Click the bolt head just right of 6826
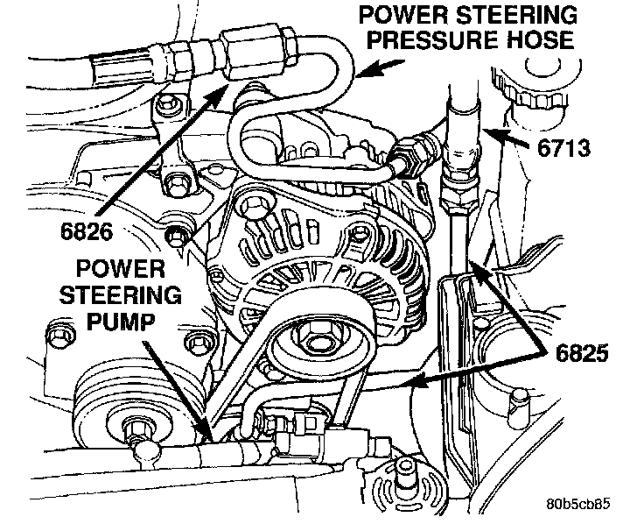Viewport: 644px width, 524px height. (177, 232)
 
